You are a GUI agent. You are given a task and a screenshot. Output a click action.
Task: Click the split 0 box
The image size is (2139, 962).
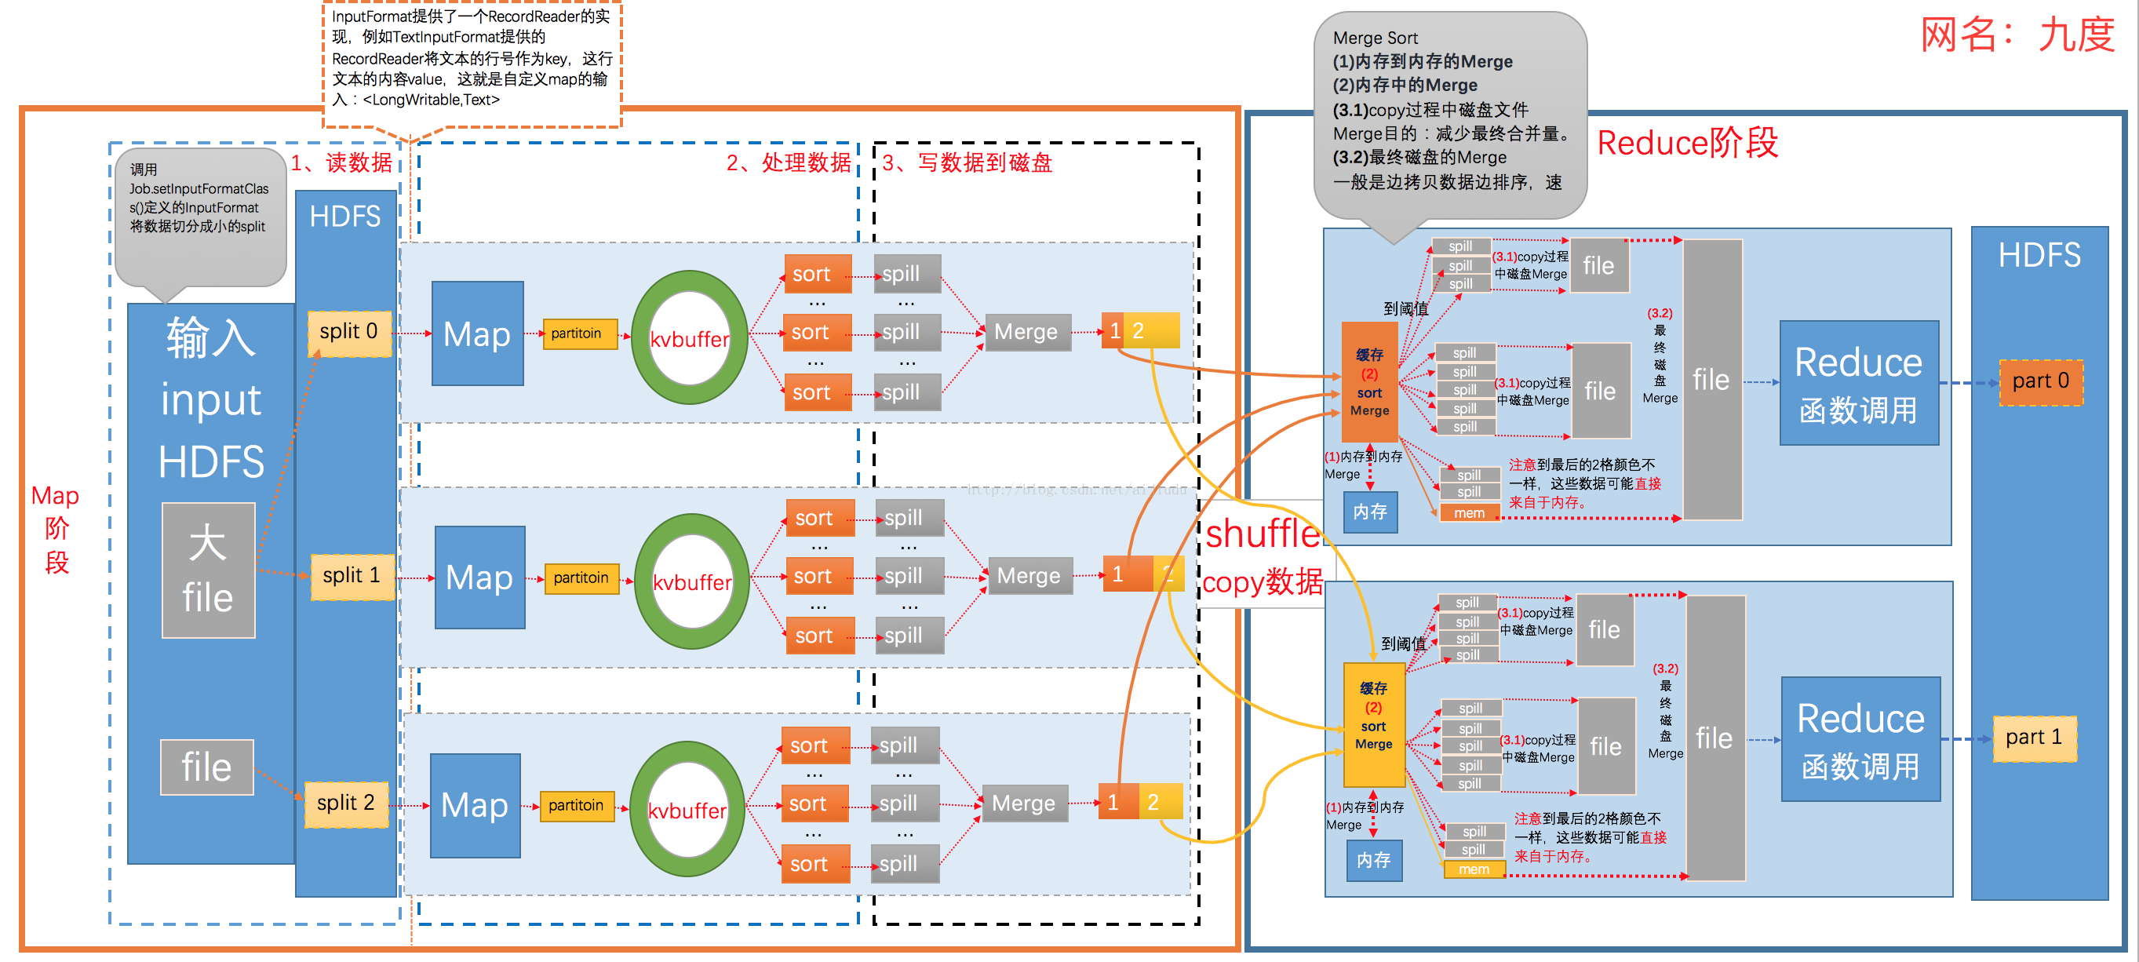tap(348, 333)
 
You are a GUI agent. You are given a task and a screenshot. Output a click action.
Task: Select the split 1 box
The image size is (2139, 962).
tap(352, 576)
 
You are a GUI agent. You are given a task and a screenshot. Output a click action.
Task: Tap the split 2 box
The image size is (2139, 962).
tap(345, 803)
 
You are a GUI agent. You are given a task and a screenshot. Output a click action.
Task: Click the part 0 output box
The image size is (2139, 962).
tap(2040, 382)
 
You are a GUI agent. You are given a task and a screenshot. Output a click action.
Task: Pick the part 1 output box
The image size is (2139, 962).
tap(2034, 738)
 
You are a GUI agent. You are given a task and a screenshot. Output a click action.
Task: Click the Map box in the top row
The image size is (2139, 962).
tap(476, 333)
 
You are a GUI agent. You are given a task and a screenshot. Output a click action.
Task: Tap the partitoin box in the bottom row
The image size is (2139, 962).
tap(576, 805)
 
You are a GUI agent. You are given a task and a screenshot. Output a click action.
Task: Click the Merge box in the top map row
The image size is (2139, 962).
tap(1026, 332)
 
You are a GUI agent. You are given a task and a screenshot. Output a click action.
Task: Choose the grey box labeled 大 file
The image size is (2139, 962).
tap(208, 570)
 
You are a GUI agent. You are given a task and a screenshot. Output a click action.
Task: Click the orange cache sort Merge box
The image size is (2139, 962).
tap(1369, 382)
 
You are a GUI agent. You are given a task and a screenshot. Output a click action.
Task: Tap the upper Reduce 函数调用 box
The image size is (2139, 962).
tap(1858, 384)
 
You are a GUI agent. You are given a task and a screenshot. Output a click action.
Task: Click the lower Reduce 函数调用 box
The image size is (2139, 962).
tap(1860, 738)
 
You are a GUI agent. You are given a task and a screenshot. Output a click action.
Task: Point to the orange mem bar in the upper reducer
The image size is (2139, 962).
tap(1469, 513)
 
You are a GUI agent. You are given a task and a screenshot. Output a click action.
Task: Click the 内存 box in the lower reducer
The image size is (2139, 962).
tap(1373, 860)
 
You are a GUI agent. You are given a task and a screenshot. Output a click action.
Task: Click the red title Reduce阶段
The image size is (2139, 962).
tap(1687, 143)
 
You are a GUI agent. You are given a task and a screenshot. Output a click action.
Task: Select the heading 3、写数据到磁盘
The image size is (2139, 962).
tap(967, 162)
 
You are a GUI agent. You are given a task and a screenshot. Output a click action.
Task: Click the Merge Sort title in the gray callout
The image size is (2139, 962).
tap(1375, 38)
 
